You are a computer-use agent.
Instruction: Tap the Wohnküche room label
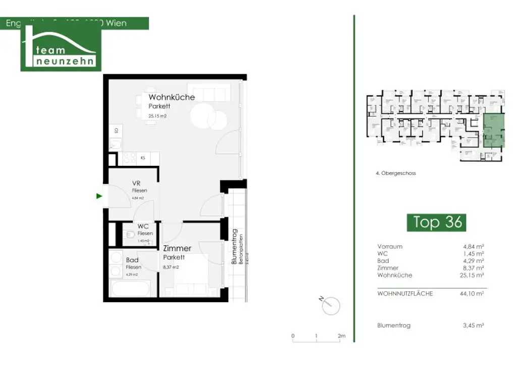pyautogui.click(x=171, y=97)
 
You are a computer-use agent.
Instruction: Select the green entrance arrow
pyautogui.click(x=99, y=196)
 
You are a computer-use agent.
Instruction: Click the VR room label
pyautogui.click(x=136, y=183)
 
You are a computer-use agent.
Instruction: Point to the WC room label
pyautogui.click(x=143, y=226)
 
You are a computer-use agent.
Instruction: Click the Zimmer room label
pyautogui.click(x=177, y=248)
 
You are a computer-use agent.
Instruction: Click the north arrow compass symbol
pyautogui.click(x=331, y=305)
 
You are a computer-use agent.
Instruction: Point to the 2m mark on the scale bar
pyautogui.click(x=342, y=336)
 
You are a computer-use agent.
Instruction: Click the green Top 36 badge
pyautogui.click(x=437, y=222)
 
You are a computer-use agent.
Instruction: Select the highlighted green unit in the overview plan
pyautogui.click(x=493, y=131)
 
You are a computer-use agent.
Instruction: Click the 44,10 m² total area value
pyautogui.click(x=474, y=293)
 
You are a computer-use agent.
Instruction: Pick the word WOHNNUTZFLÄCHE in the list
pyautogui.click(x=405, y=293)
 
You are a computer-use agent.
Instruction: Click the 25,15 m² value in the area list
pyautogui.click(x=474, y=275)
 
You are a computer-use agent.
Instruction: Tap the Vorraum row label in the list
pyautogui.click(x=390, y=246)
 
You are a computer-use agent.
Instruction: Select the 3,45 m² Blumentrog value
pyautogui.click(x=474, y=326)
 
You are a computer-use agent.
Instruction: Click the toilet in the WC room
pyautogui.click(x=129, y=235)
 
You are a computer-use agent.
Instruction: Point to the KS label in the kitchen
pyautogui.click(x=143, y=158)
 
